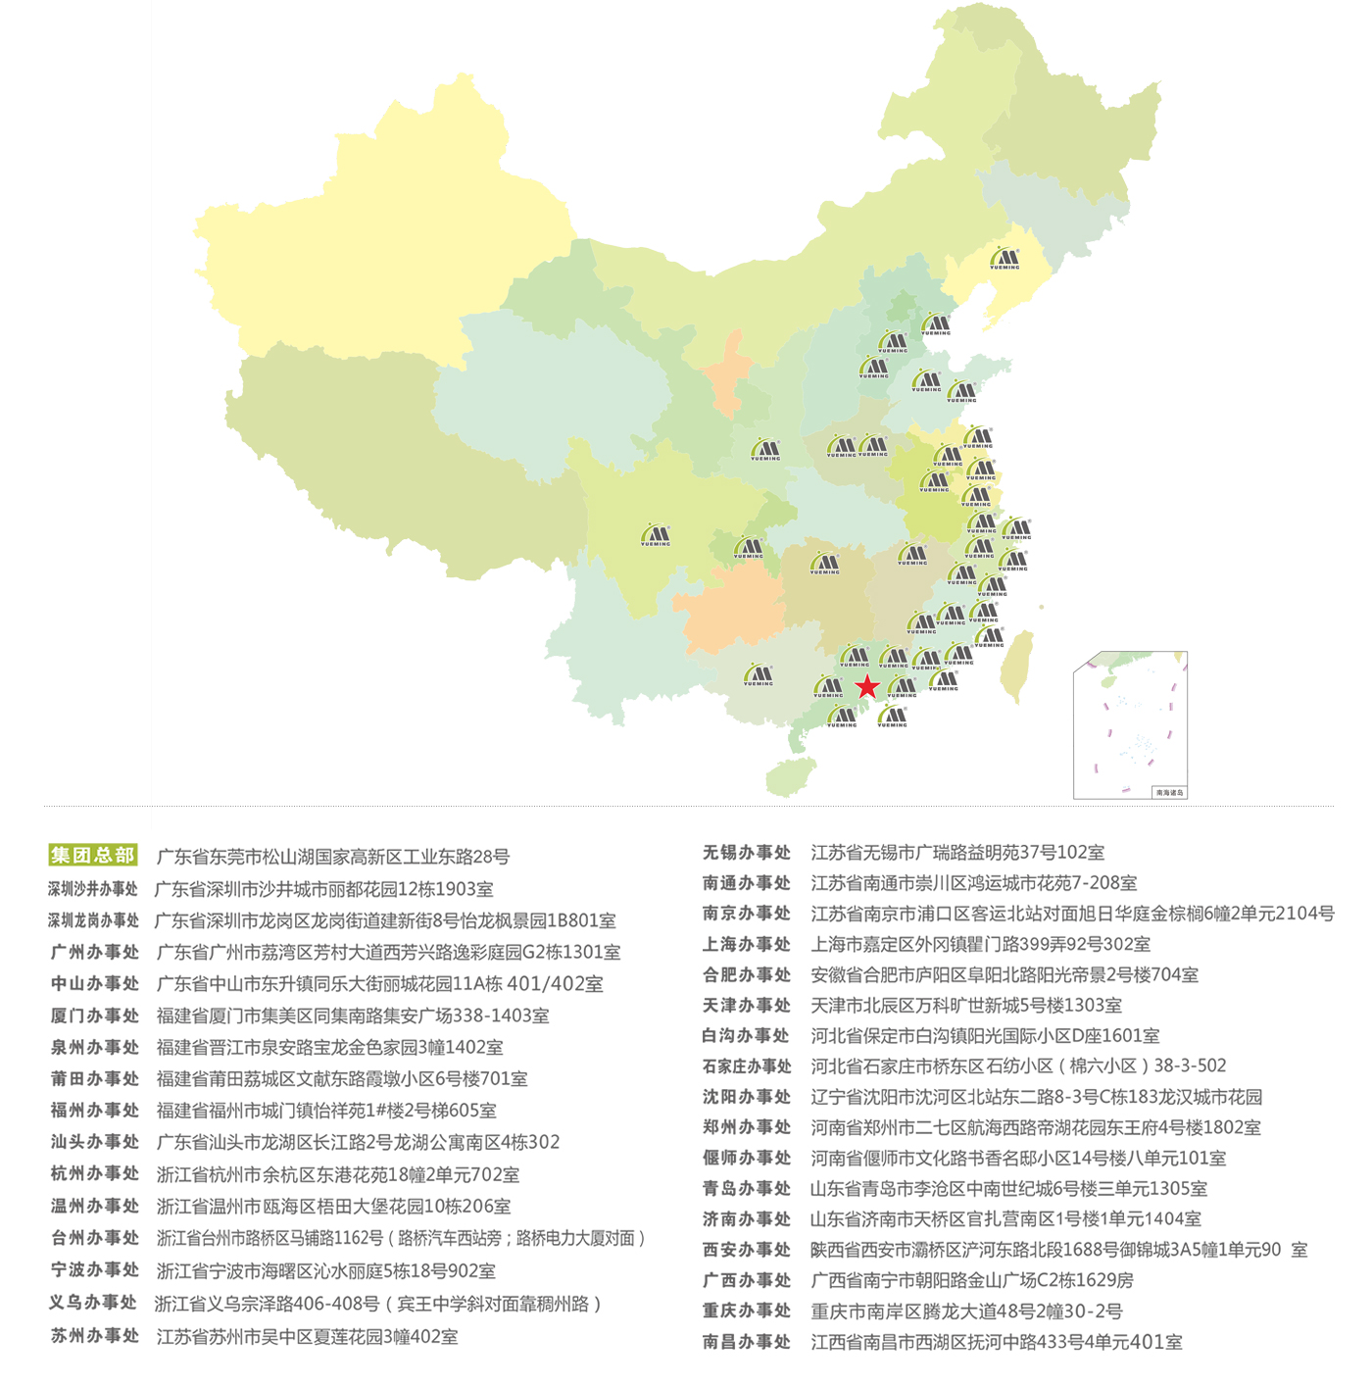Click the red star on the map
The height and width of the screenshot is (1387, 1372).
tap(867, 686)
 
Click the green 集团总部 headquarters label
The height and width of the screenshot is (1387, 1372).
tap(93, 855)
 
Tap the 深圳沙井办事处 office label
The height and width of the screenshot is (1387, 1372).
tap(93, 889)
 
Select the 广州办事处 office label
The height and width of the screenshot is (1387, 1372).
tap(95, 952)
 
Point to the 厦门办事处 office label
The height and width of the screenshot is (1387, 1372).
tap(95, 1015)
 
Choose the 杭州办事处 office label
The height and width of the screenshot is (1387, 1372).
tap(95, 1173)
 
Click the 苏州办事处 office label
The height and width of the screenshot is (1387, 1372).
tap(95, 1335)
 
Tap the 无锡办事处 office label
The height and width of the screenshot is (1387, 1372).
tap(747, 852)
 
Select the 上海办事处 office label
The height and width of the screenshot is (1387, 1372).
tap(747, 944)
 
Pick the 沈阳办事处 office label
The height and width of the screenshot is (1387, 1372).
tap(747, 1096)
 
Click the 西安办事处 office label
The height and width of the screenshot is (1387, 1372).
tap(747, 1249)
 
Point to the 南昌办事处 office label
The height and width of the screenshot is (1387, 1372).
tap(747, 1341)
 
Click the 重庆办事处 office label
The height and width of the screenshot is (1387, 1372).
tap(747, 1310)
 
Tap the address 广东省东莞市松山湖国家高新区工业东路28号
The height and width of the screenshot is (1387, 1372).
tap(333, 857)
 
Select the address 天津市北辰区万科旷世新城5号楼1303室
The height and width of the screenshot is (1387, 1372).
tap(966, 1005)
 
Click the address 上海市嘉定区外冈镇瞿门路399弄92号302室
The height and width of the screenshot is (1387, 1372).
tap(980, 944)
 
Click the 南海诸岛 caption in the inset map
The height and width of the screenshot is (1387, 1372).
tap(1169, 792)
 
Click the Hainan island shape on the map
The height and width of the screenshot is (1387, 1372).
tap(790, 776)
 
